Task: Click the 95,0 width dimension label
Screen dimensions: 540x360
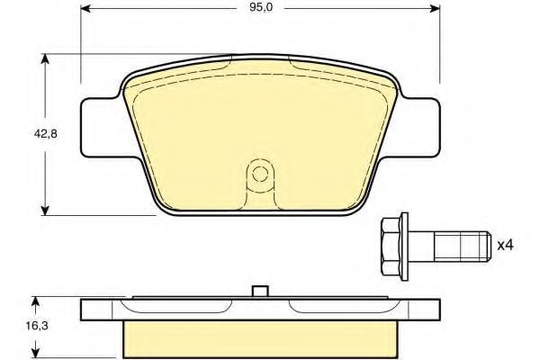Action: click(x=261, y=7)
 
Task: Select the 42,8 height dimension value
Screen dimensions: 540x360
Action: click(x=45, y=134)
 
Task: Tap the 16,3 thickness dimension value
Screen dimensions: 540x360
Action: click(x=37, y=326)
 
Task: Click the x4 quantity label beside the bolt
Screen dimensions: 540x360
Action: click(x=505, y=246)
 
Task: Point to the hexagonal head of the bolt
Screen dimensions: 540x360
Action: click(x=391, y=247)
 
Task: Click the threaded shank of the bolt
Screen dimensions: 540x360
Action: click(x=462, y=247)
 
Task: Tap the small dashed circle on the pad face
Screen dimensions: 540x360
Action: click(x=260, y=174)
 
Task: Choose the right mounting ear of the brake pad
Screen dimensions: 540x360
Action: click(x=419, y=128)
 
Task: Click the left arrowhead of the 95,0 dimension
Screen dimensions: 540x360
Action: click(x=85, y=8)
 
